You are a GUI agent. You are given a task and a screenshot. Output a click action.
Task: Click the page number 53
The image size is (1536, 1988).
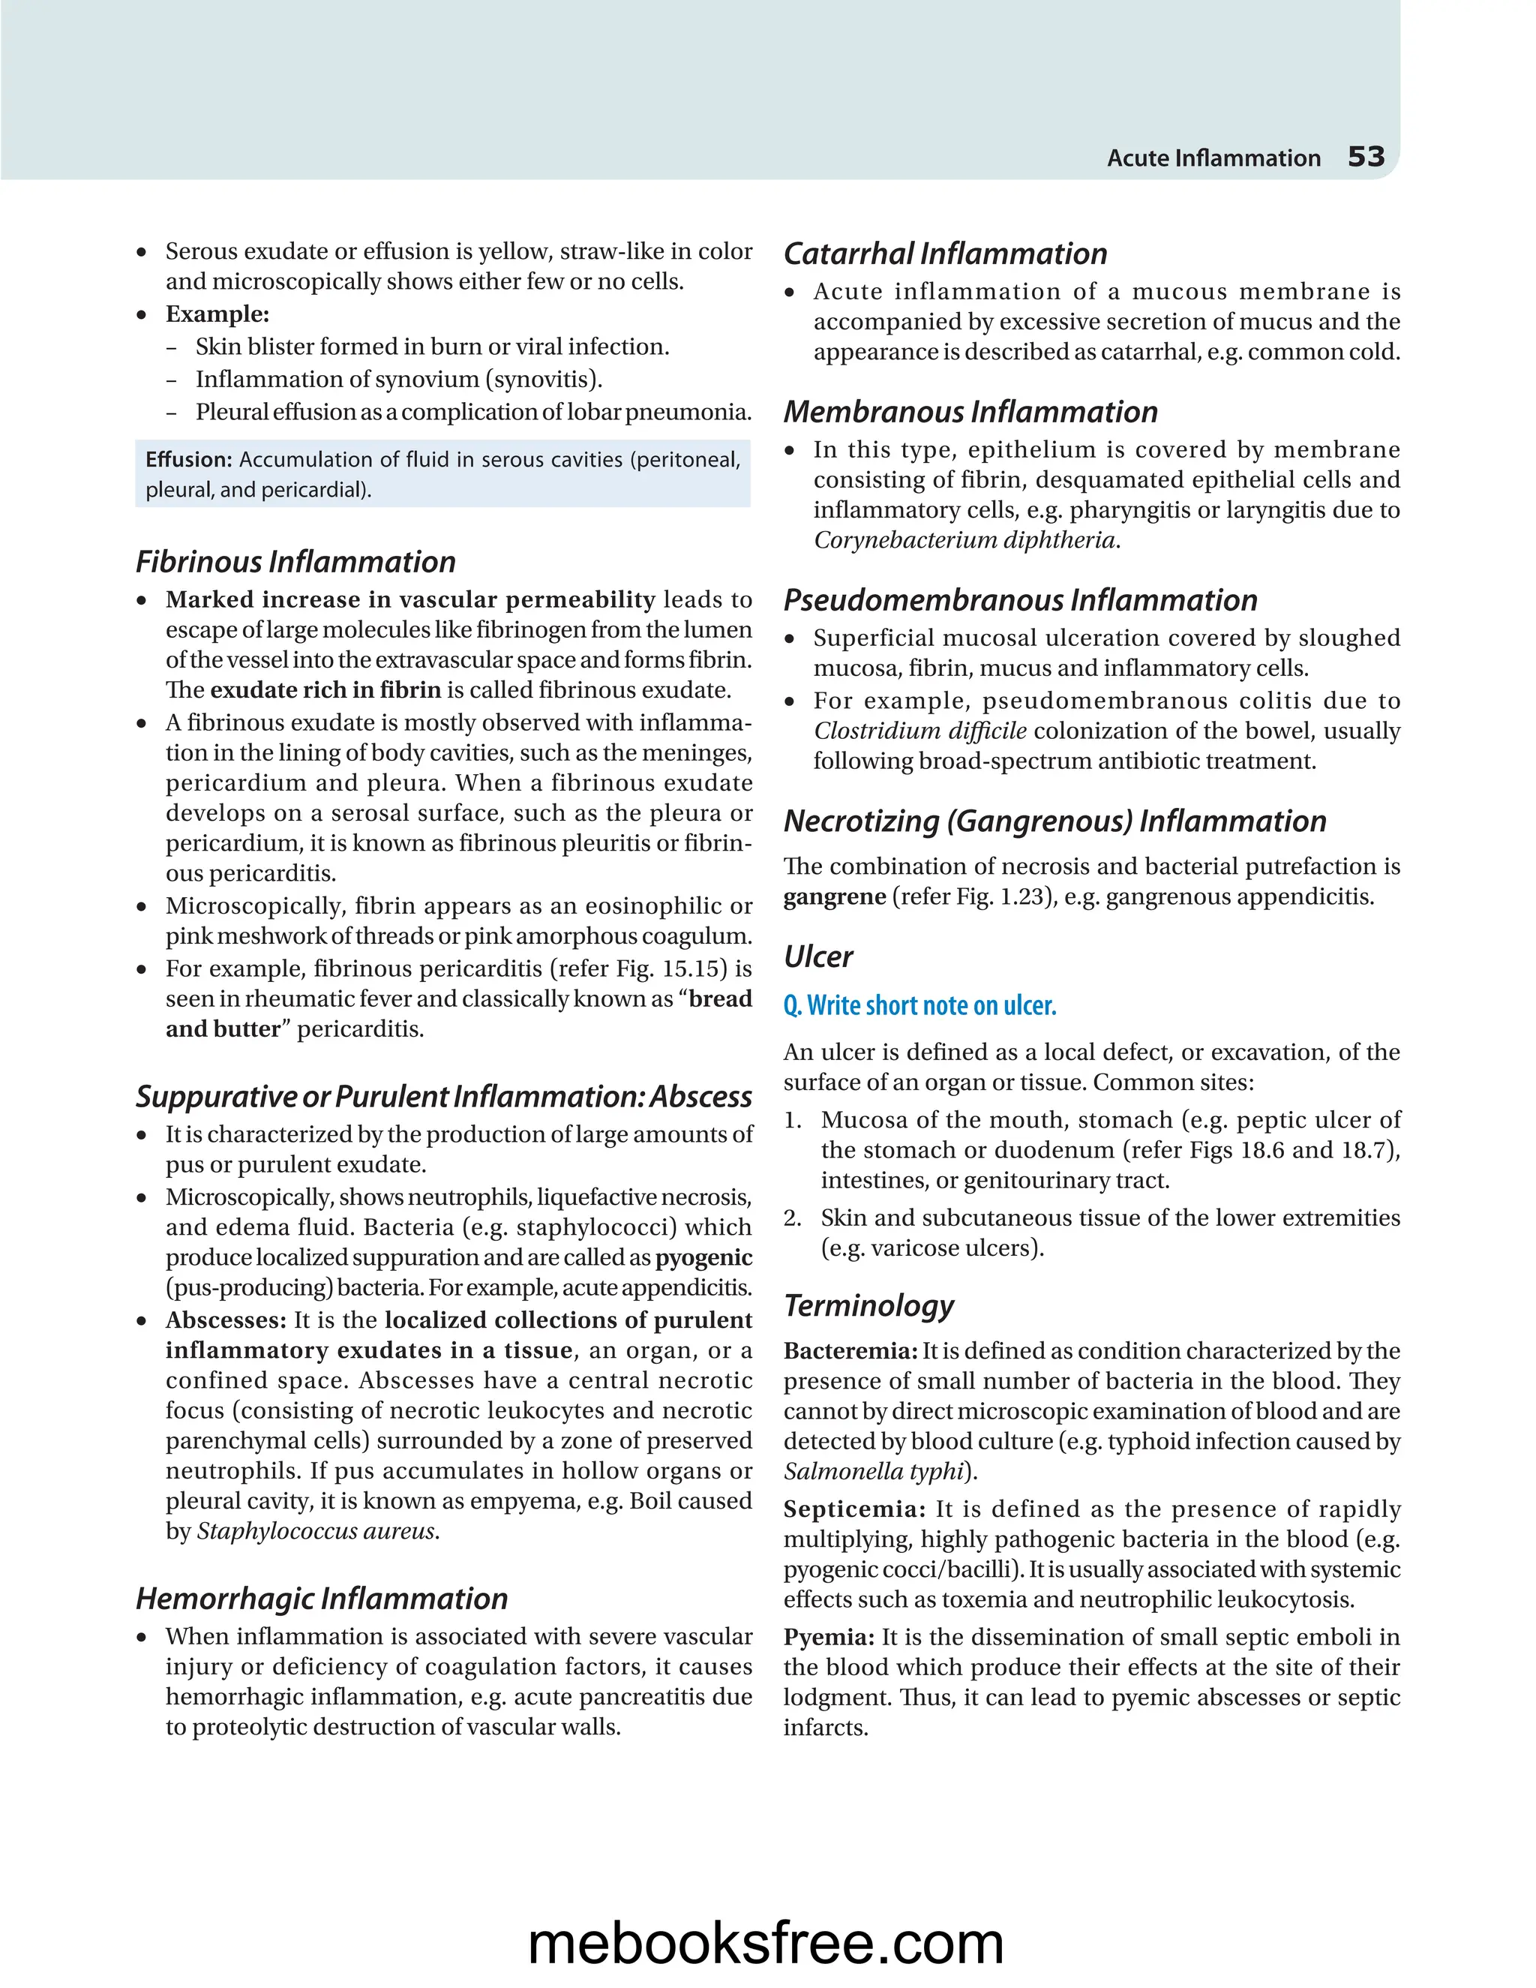pos(1365,157)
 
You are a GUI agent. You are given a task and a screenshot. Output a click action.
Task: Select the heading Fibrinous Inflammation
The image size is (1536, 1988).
pos(295,562)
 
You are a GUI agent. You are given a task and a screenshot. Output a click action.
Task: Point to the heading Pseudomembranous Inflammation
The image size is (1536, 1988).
pos(1020,600)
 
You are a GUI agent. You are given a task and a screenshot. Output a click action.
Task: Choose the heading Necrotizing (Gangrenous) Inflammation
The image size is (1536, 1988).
pos(1054,821)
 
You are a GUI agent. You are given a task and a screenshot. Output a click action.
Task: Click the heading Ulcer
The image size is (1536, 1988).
pos(818,956)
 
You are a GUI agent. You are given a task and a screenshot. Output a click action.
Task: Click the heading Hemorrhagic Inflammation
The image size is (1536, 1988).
pos(321,1599)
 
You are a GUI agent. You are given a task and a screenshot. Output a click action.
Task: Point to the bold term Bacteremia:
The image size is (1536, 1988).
pos(850,1351)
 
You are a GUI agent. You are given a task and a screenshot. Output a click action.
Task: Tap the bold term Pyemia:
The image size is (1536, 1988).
pos(828,1637)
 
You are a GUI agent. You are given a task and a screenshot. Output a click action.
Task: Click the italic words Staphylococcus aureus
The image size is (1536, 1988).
pos(316,1531)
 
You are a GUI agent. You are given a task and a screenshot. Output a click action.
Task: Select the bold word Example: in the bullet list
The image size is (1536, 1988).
pos(217,314)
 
